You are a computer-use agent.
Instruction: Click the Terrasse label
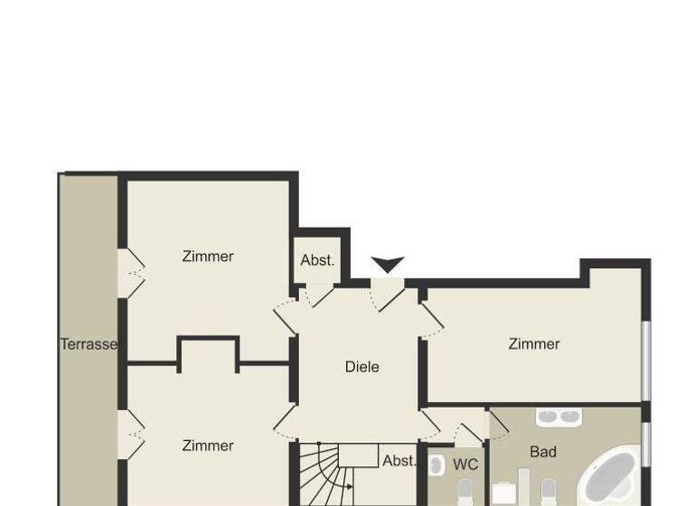(x=89, y=344)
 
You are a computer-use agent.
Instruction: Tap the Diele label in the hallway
(x=361, y=367)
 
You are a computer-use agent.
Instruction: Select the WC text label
(x=465, y=464)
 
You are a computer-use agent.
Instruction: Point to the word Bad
(x=543, y=452)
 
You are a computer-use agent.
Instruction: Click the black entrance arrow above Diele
(x=388, y=264)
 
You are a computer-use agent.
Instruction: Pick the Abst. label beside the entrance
(x=317, y=260)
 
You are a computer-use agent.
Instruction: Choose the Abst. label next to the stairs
(x=399, y=461)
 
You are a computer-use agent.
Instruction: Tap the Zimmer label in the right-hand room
(x=534, y=344)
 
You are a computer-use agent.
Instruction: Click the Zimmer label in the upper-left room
(x=208, y=257)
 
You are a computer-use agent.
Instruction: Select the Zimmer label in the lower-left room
(x=208, y=445)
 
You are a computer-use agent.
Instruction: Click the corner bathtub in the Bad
(x=610, y=477)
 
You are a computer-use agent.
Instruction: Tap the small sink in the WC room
(x=435, y=465)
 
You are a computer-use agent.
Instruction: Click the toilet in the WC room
(x=465, y=492)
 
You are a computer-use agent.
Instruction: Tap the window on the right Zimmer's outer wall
(x=645, y=359)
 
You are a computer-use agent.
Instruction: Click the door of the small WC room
(x=469, y=434)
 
